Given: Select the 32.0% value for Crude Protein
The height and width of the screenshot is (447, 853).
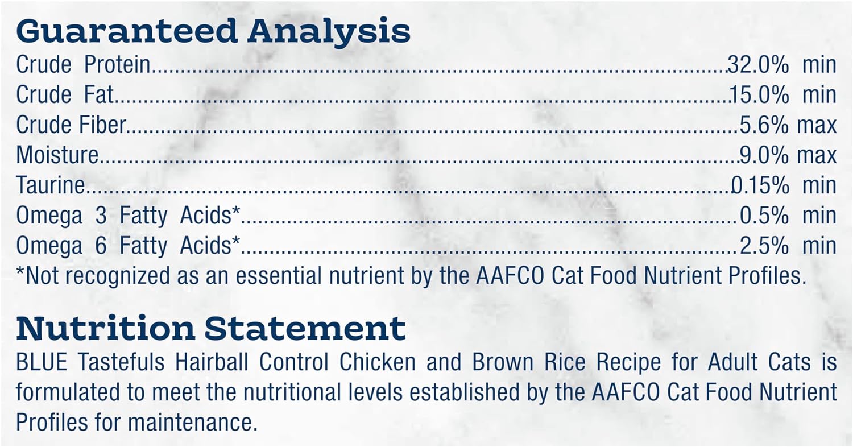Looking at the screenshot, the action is (758, 65).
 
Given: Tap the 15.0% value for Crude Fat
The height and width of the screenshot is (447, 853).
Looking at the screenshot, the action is (760, 95).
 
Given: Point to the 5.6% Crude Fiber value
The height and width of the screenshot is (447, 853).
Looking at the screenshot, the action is (764, 125).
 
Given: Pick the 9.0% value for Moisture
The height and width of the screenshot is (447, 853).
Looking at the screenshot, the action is (764, 155).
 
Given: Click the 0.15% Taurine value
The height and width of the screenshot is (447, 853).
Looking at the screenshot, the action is (760, 185).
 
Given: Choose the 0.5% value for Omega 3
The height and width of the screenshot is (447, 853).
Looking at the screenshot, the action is (764, 216).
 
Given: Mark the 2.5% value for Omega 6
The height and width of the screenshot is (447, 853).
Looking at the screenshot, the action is (764, 246).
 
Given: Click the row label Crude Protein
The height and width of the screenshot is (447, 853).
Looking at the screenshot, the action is (83, 65).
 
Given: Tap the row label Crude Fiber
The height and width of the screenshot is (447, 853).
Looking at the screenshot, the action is (71, 125).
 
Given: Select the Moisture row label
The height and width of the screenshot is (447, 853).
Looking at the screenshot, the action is (57, 155).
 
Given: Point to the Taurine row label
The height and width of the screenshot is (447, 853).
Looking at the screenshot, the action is (50, 185).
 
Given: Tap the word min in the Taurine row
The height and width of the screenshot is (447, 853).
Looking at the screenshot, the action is (819, 185).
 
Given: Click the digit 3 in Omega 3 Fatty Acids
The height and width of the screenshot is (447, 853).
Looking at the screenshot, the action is (101, 216).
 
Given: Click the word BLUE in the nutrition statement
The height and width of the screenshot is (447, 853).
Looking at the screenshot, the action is (42, 362).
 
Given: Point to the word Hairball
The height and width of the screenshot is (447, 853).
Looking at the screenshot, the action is (212, 362).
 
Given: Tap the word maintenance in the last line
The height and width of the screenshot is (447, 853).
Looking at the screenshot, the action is (193, 422).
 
